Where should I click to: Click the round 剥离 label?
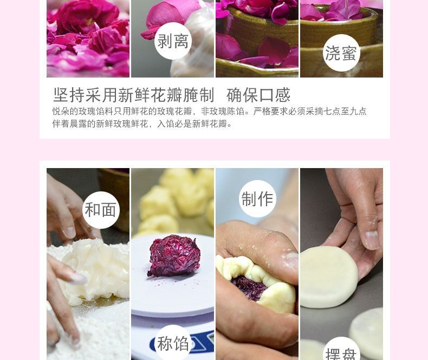(173, 41)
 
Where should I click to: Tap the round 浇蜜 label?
(341, 53)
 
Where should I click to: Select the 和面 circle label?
(101, 210)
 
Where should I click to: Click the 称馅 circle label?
(173, 343)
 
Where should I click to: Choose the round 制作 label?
(257, 198)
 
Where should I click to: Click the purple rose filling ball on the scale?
(174, 256)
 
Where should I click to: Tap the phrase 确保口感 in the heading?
(258, 95)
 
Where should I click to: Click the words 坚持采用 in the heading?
(86, 95)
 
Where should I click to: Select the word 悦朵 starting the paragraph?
(61, 112)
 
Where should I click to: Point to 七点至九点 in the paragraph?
(345, 112)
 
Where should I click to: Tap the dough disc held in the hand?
(329, 277)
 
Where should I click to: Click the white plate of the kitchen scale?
(172, 276)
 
